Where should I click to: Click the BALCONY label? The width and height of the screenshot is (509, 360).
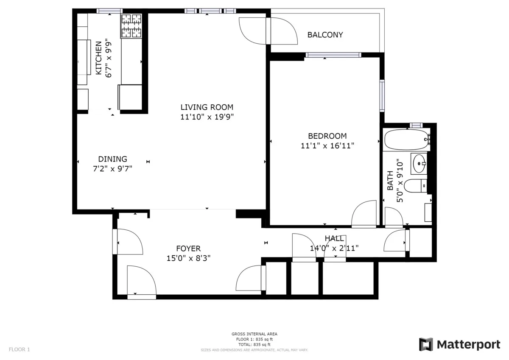pyautogui.click(x=325, y=35)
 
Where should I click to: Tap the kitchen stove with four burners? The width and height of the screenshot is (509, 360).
pyautogui.click(x=131, y=26)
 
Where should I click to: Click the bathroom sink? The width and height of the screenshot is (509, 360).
pyautogui.click(x=420, y=163)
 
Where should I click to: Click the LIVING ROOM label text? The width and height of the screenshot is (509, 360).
pyautogui.click(x=207, y=107)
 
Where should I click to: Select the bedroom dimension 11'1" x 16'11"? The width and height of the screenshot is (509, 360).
pyautogui.click(x=327, y=145)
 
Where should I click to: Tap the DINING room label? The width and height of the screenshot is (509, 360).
pyautogui.click(x=112, y=159)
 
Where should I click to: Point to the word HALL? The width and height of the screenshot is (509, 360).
pyautogui.click(x=334, y=239)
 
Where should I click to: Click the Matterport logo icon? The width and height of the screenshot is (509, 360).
pyautogui.click(x=426, y=344)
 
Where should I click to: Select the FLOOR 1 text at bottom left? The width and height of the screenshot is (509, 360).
pyautogui.click(x=20, y=349)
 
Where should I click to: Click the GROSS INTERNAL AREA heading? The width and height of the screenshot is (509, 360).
pyautogui.click(x=254, y=334)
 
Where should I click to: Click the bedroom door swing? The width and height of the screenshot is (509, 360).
pyautogui.click(x=364, y=214)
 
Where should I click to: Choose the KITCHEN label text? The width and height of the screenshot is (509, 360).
pyautogui.click(x=98, y=58)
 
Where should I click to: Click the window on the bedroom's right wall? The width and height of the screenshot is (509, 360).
pyautogui.click(x=382, y=95)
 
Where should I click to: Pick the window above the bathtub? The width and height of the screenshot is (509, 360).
pyautogui.click(x=416, y=125)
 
